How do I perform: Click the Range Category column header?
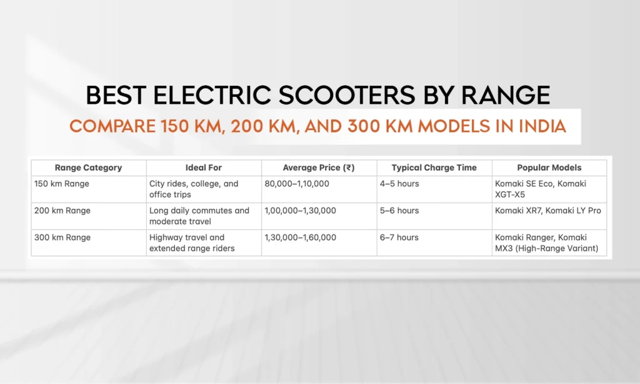(88, 168)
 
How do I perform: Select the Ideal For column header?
(204, 168)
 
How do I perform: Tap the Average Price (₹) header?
(319, 168)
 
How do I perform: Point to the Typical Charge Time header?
(434, 168)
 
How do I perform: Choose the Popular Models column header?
(549, 168)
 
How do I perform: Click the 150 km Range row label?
(62, 184)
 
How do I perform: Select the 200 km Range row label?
(62, 211)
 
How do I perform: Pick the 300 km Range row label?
(62, 238)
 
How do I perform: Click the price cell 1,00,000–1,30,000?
(300, 211)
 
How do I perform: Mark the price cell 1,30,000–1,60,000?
(300, 238)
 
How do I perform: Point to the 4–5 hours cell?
(399, 184)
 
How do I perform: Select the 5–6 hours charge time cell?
(399, 211)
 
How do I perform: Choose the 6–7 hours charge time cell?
(399, 238)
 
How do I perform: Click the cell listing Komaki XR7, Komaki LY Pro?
(547, 211)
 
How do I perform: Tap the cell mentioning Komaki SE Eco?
(541, 189)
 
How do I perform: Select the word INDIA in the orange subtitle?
(542, 126)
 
